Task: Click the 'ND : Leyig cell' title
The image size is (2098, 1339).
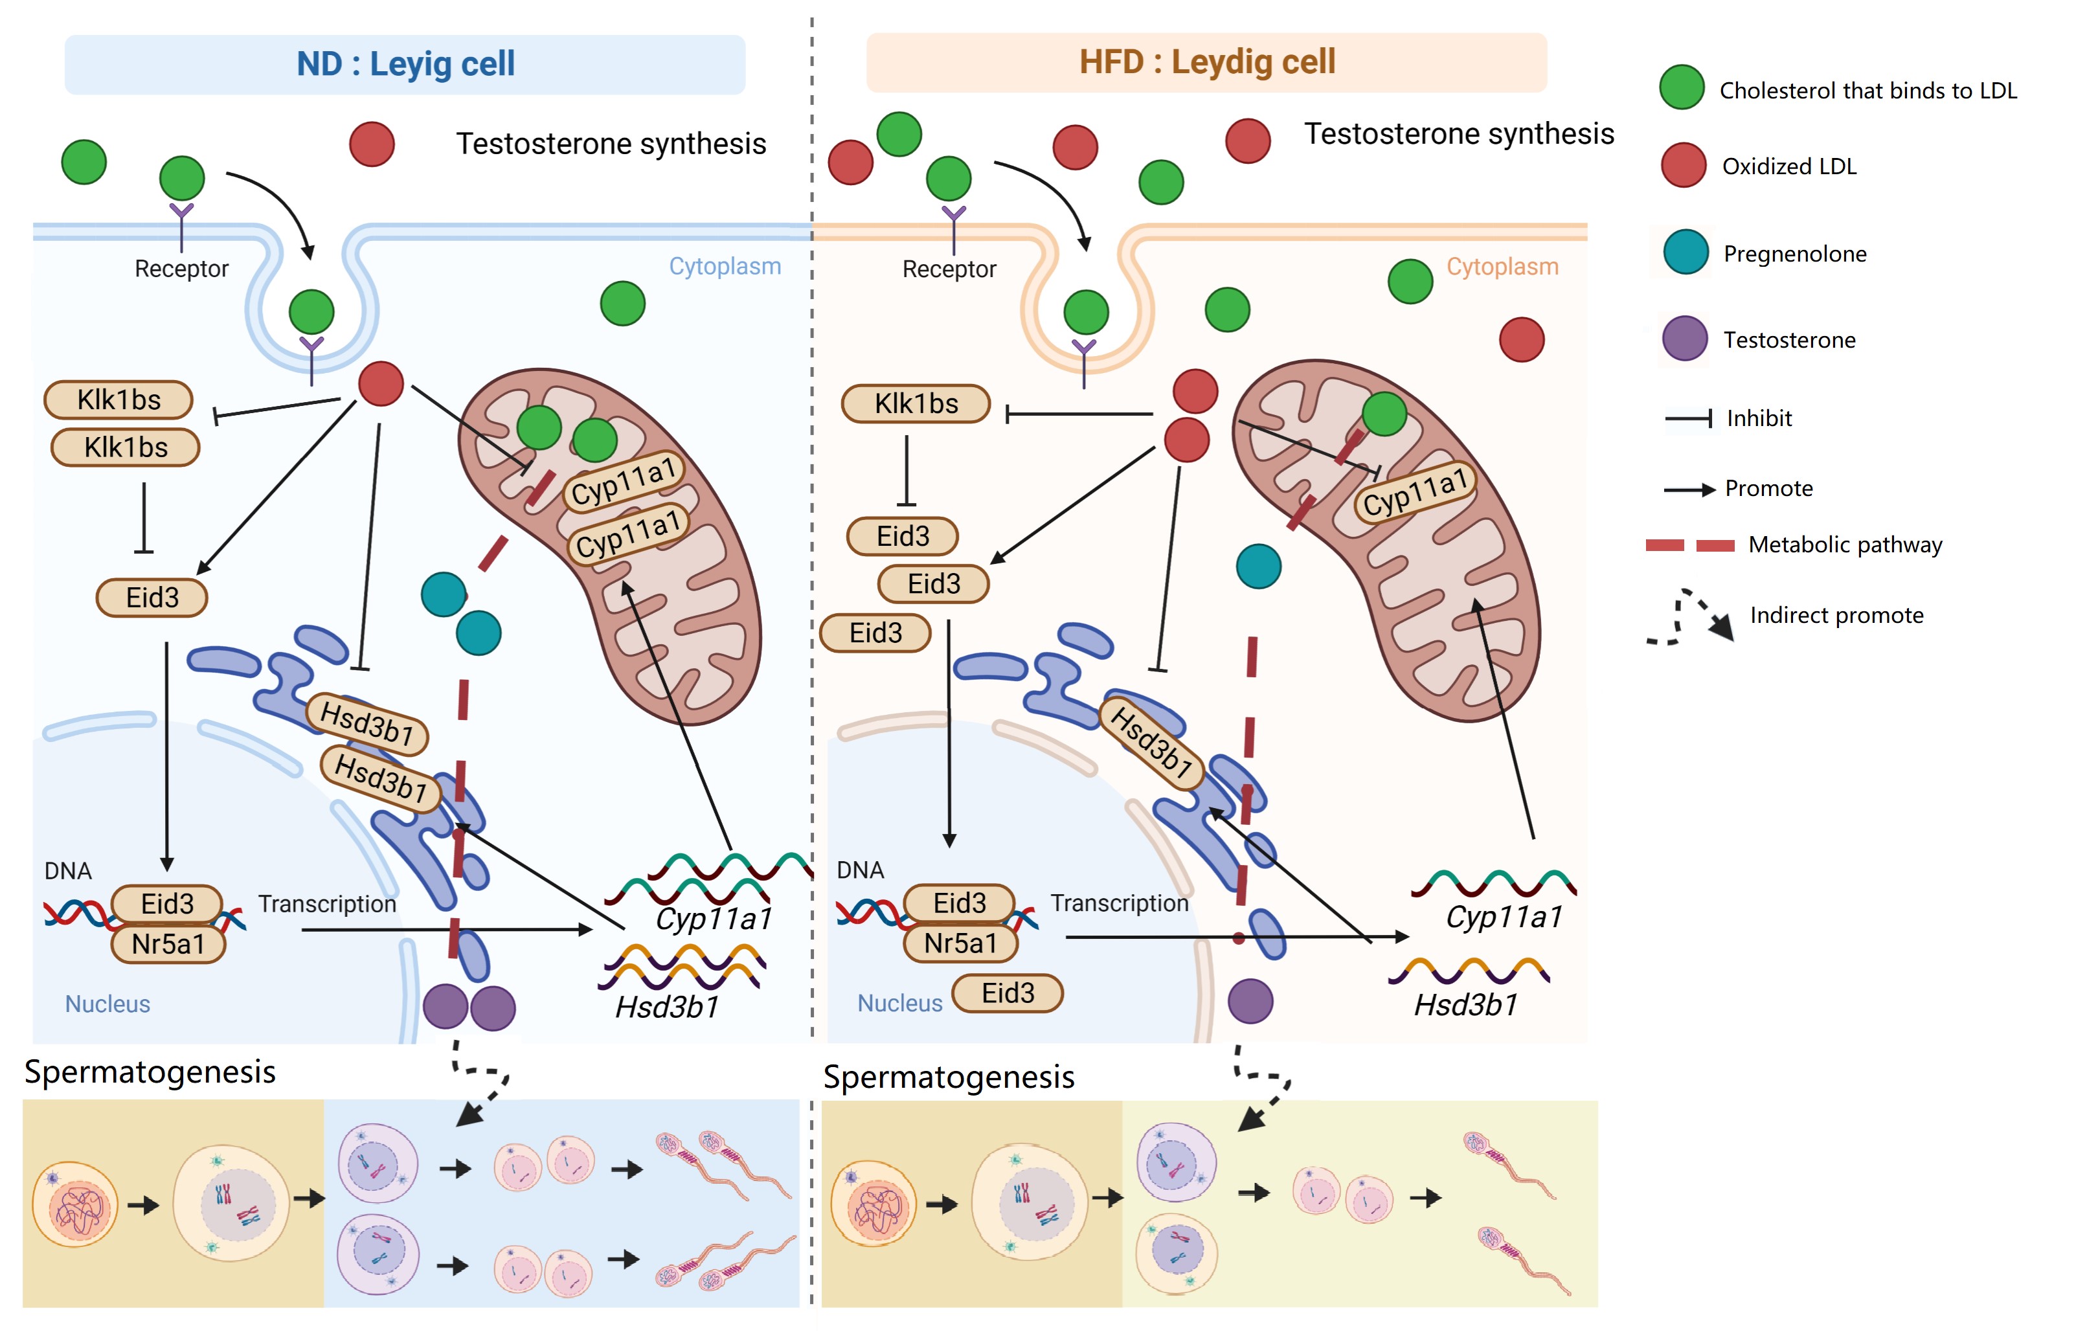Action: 405,63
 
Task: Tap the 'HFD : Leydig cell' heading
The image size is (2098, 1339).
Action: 1207,62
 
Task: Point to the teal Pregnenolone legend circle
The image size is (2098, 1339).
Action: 1685,252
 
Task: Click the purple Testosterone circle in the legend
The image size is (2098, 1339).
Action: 1684,338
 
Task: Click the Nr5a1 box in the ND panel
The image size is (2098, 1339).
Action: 168,943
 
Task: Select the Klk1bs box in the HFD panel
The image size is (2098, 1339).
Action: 916,403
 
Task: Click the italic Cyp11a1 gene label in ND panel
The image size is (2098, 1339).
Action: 714,918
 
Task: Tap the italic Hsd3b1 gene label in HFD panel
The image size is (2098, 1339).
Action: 1465,1004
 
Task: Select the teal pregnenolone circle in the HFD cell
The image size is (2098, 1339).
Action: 1258,567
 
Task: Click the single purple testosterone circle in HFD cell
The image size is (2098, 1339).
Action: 1250,1001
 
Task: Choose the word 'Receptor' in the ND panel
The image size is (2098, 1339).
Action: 181,268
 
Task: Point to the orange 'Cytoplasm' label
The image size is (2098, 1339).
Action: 1502,267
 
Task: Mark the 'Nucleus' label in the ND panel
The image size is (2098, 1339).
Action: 107,1004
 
